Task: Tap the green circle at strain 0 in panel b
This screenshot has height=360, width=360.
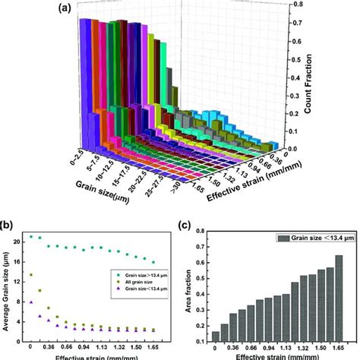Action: pos(31,237)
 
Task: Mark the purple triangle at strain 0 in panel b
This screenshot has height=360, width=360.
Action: pos(31,302)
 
